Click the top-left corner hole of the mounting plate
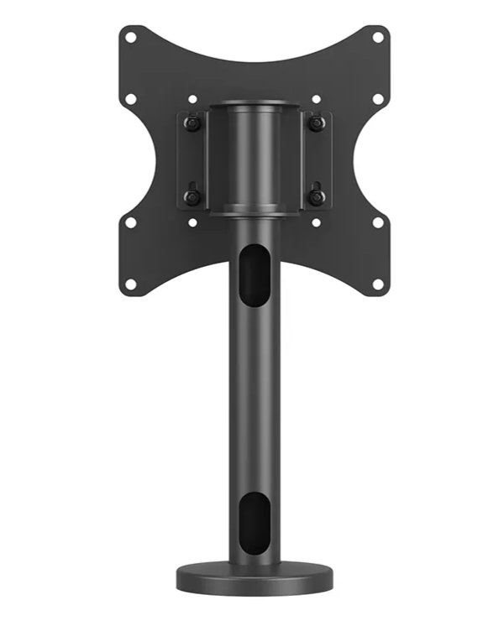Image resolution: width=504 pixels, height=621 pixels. pyautogui.click(x=130, y=37)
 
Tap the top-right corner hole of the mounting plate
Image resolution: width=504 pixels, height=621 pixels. pyautogui.click(x=378, y=37)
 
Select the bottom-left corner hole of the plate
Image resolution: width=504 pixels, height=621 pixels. pyautogui.click(x=130, y=284)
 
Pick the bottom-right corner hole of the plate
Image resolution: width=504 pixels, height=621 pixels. pyautogui.click(x=378, y=284)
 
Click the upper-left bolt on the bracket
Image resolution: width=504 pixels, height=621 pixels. pyautogui.click(x=192, y=123)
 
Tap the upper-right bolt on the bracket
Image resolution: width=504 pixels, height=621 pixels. pyautogui.click(x=316, y=123)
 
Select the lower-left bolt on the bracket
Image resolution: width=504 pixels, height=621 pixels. pyautogui.click(x=192, y=197)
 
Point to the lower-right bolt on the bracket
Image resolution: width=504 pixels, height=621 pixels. pyautogui.click(x=316, y=197)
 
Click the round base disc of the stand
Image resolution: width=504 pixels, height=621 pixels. pyautogui.click(x=254, y=578)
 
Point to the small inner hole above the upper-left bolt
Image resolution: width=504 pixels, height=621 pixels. pyautogui.click(x=192, y=99)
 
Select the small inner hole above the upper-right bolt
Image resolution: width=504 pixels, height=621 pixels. pyautogui.click(x=316, y=99)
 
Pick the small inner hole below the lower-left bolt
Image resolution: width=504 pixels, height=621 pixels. pyautogui.click(x=192, y=222)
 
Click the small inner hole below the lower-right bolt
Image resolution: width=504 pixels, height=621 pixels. pyautogui.click(x=316, y=222)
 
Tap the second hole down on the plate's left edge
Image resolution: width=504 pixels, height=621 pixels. pyautogui.click(x=130, y=99)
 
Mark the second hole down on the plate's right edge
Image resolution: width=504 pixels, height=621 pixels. pyautogui.click(x=378, y=99)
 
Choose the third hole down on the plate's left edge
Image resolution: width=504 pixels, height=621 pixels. pyautogui.click(x=130, y=222)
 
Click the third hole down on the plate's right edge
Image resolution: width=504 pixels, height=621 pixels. pyautogui.click(x=378, y=222)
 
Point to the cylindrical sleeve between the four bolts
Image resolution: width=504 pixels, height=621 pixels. pyautogui.click(x=254, y=159)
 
